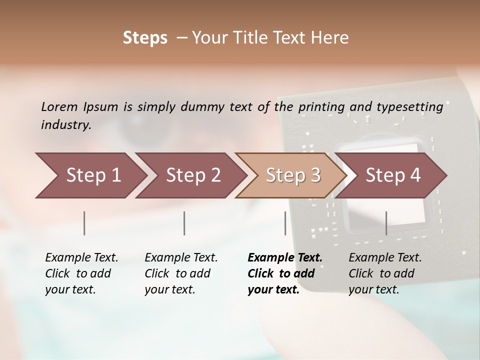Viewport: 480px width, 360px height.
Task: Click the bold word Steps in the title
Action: pyautogui.click(x=145, y=38)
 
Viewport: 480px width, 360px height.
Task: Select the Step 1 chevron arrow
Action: pyautogui.click(x=90, y=175)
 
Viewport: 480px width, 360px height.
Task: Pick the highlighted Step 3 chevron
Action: pyautogui.click(x=292, y=175)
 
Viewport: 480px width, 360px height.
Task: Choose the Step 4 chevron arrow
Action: pyautogui.click(x=393, y=175)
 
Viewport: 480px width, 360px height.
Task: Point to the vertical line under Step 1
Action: pyautogui.click(x=84, y=223)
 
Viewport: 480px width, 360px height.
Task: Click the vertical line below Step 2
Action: pyautogui.click(x=184, y=223)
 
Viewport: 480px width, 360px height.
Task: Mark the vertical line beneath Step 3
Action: pyautogui.click(x=285, y=223)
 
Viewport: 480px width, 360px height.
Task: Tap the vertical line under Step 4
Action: pyautogui.click(x=386, y=223)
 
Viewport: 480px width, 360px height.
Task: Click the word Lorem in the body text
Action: pyautogui.click(x=59, y=107)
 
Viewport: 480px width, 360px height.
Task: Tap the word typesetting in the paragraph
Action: pyautogui.click(x=410, y=107)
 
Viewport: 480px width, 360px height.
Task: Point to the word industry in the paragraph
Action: pyautogui.click(x=65, y=125)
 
